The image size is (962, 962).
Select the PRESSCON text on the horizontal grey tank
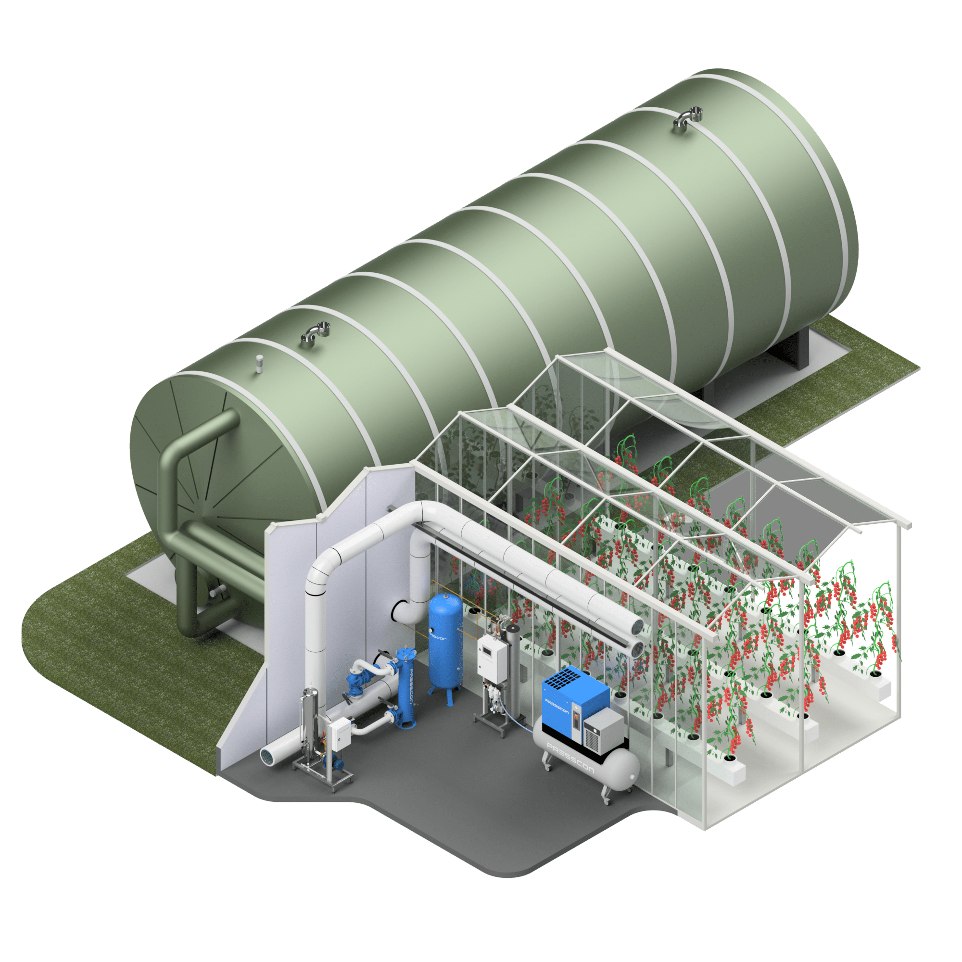570,757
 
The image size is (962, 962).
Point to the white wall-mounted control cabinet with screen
490,657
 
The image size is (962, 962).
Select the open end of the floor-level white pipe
269,758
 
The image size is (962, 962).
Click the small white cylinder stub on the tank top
259,364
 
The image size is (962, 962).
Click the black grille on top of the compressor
566,678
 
